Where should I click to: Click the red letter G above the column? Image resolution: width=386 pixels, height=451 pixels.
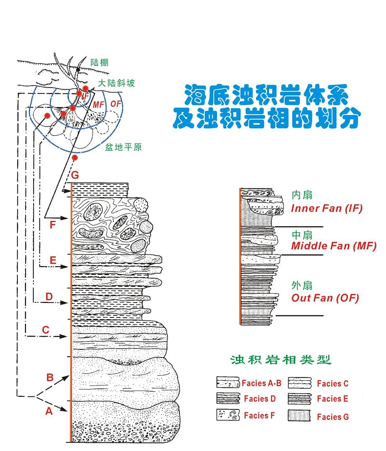click(x=75, y=175)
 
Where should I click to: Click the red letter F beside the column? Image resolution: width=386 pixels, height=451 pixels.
click(x=52, y=225)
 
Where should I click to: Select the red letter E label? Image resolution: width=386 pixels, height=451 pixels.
click(x=53, y=260)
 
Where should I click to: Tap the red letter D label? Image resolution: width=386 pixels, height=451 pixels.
click(x=49, y=297)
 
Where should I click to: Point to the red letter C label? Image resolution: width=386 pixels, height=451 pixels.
click(x=46, y=330)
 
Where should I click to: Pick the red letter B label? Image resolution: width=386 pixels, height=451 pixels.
click(x=50, y=378)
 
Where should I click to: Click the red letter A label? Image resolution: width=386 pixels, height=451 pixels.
click(x=49, y=411)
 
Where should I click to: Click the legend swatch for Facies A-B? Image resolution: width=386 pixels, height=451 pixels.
click(x=228, y=383)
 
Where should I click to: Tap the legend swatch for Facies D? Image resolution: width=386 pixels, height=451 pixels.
click(x=228, y=399)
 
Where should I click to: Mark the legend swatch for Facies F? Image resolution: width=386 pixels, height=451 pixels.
click(x=228, y=415)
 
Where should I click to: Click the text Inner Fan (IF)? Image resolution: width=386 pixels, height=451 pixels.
click(x=326, y=208)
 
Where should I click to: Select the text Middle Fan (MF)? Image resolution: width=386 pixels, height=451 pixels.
click(x=333, y=246)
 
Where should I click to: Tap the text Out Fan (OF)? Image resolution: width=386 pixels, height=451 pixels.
click(x=325, y=298)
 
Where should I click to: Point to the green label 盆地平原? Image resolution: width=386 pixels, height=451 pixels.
click(x=123, y=147)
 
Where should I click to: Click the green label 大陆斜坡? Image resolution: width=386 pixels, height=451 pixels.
click(x=117, y=83)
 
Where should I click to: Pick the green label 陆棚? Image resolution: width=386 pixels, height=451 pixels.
click(x=99, y=63)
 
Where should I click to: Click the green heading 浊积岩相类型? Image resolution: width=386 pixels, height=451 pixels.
click(x=281, y=359)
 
